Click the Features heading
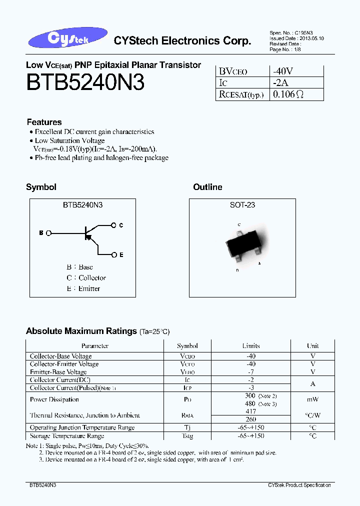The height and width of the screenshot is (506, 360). (44, 122)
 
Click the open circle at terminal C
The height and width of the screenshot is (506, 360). (114, 225)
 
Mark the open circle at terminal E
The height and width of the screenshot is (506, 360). (114, 255)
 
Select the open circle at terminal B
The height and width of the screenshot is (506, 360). (48, 233)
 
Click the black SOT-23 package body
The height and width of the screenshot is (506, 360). (242, 245)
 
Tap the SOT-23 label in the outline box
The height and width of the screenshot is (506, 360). (242, 205)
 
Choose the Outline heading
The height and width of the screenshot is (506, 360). (207, 187)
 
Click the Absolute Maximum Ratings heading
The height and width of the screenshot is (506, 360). (81, 331)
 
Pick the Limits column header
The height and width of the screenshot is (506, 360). (251, 345)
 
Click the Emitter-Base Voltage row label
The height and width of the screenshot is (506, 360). (58, 372)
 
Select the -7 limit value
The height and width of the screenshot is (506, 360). (251, 372)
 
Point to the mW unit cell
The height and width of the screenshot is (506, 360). (313, 399)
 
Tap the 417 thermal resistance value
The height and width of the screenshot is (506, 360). (251, 411)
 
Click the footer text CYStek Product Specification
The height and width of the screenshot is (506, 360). (299, 485)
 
